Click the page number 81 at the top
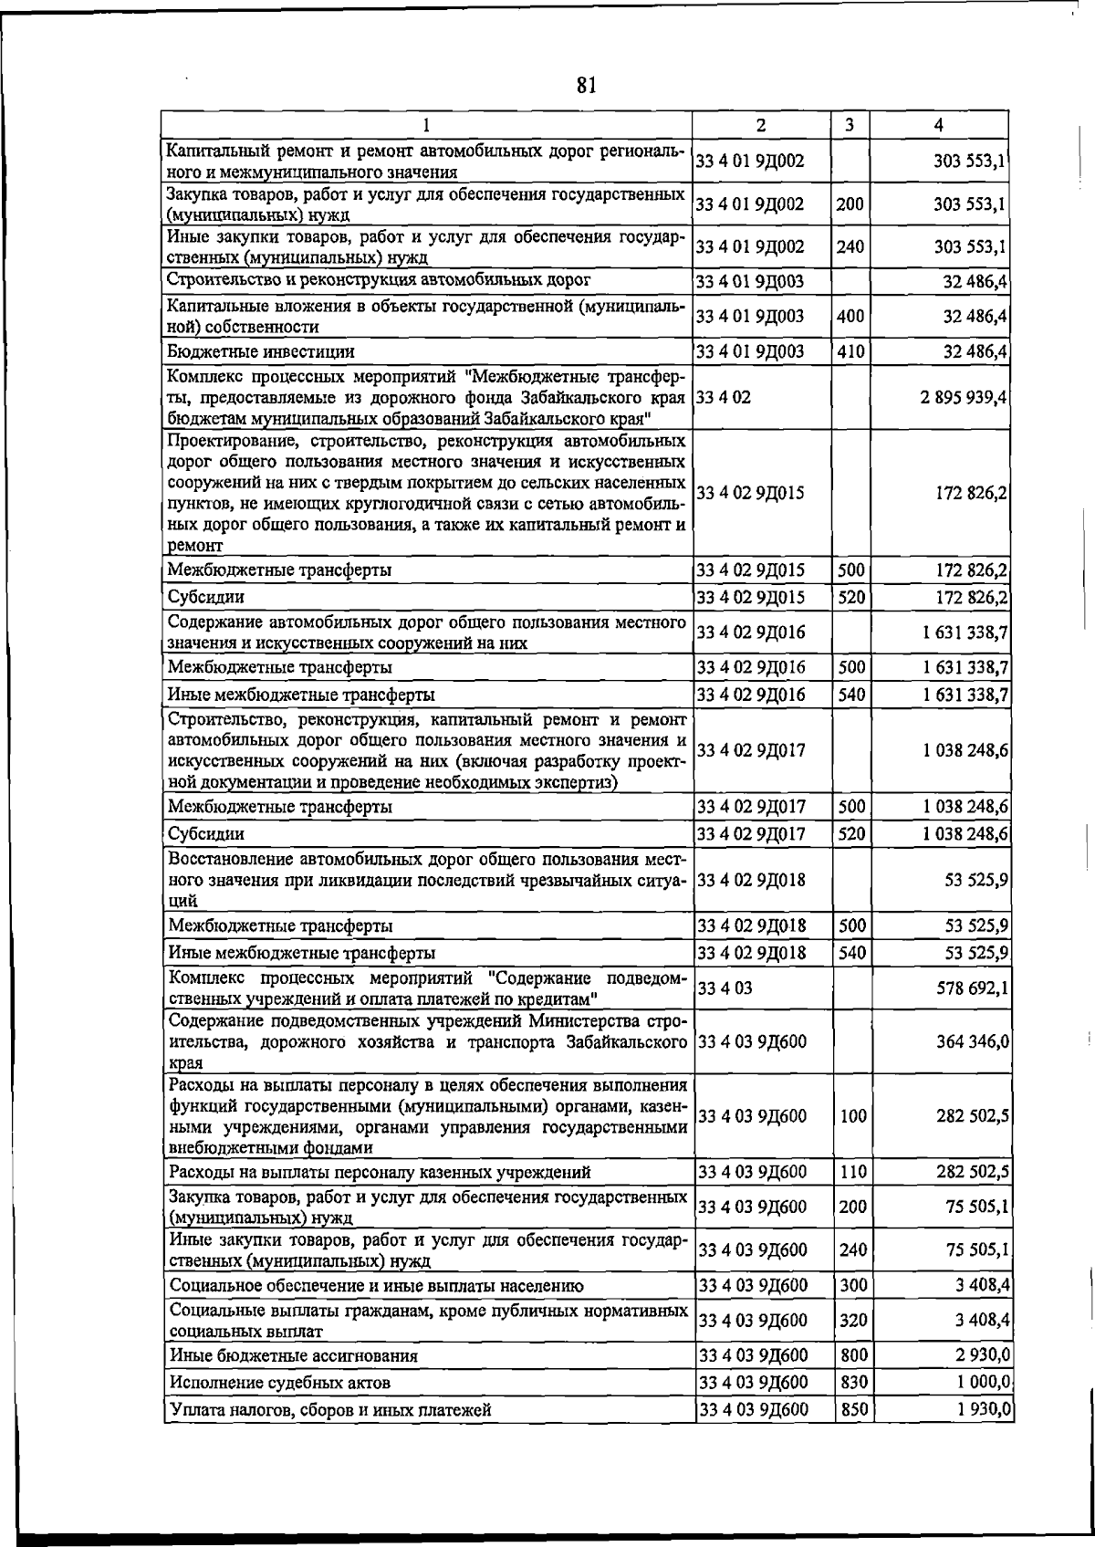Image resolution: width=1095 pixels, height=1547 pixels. pos(586,86)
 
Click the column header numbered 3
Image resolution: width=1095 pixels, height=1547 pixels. pos(850,125)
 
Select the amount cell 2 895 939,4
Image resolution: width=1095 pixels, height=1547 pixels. pos(952,397)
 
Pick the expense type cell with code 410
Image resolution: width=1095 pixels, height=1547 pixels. pos(850,351)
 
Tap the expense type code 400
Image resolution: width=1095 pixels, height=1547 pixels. pos(850,316)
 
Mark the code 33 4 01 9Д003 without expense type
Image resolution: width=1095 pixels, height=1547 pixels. pos(750,280)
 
